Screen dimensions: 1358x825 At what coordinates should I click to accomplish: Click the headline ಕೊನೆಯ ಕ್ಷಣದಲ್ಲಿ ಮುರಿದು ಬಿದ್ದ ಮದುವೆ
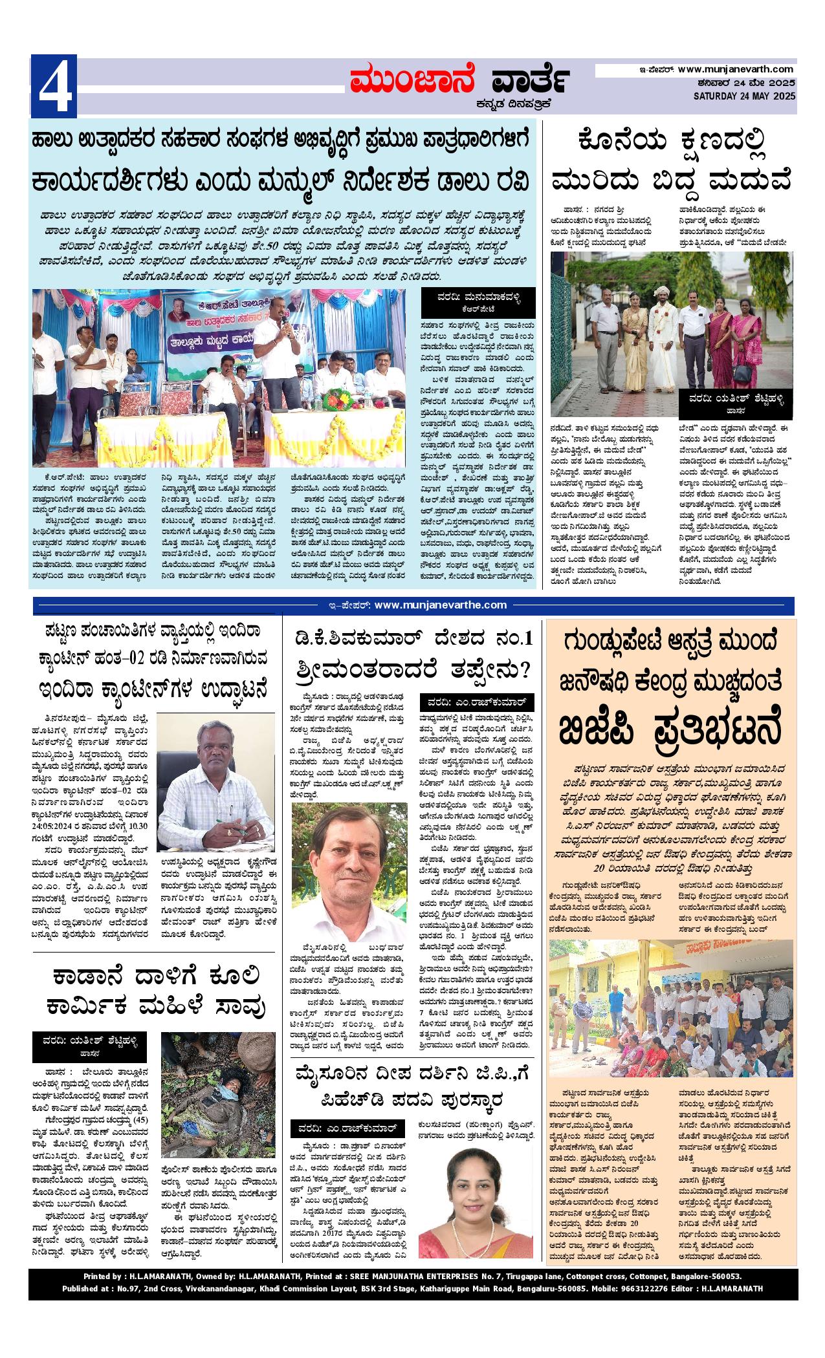point(670,160)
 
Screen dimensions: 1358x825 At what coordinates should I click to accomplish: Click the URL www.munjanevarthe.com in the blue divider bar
point(440,605)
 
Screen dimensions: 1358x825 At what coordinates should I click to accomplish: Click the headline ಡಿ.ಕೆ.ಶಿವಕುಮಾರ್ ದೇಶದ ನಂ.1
point(413,639)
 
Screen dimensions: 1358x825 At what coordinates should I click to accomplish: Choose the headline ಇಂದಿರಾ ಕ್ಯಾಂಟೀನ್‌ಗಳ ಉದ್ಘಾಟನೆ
point(153,688)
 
